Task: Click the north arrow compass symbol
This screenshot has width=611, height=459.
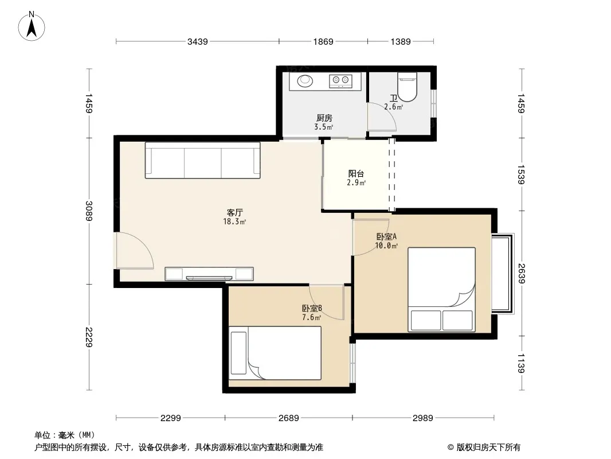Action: (32, 26)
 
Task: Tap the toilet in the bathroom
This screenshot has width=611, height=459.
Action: (407, 87)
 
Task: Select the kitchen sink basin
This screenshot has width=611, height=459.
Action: (305, 81)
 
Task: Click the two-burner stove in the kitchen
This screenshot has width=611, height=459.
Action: (340, 81)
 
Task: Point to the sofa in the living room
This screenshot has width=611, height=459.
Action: (203, 160)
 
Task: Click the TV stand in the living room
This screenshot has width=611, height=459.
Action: (209, 274)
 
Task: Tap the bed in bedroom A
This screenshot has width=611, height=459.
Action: (441, 289)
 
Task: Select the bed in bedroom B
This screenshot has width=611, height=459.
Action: (275, 353)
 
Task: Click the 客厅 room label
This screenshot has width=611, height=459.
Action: (234, 212)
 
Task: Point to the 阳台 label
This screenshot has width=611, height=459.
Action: (356, 173)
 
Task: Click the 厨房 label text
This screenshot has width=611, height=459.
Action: (324, 118)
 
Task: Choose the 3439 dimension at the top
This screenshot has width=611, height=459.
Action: (198, 42)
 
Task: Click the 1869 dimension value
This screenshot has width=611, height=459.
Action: (323, 42)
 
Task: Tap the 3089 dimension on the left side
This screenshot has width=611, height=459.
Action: (89, 211)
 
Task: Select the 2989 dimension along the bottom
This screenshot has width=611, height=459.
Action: (423, 418)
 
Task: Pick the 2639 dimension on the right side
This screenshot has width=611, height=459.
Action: (522, 273)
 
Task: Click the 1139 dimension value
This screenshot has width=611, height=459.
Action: (522, 363)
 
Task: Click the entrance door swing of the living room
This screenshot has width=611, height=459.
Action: (135, 250)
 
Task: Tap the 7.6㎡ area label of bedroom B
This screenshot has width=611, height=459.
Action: (312, 317)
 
